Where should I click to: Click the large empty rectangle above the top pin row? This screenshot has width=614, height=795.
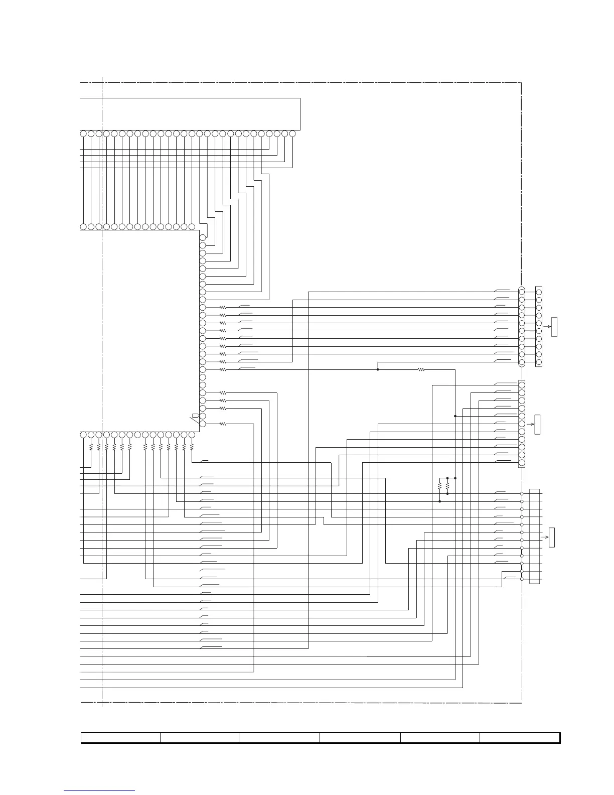click(x=191, y=114)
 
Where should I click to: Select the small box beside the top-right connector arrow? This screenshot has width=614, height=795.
click(x=554, y=327)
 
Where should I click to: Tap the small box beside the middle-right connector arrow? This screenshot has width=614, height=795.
click(x=538, y=425)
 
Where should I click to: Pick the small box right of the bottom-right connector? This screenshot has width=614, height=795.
click(x=552, y=538)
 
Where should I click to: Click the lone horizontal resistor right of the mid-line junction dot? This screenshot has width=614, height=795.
click(x=421, y=369)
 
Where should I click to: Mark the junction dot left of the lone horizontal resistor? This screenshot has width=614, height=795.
click(x=378, y=369)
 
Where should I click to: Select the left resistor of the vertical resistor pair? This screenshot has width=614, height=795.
click(x=439, y=486)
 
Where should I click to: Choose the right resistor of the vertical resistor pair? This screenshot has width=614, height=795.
click(x=447, y=486)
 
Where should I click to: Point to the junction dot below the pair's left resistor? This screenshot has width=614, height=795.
click(x=439, y=501)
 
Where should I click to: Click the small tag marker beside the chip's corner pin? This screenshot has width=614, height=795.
click(x=195, y=416)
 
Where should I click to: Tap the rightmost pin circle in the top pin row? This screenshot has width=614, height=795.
click(x=292, y=134)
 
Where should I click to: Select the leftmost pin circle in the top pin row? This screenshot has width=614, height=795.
click(x=83, y=134)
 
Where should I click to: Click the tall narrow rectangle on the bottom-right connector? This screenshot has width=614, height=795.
click(x=535, y=536)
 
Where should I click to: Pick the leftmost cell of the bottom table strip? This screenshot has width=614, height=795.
click(x=120, y=737)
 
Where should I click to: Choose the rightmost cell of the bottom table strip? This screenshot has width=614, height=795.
click(x=520, y=737)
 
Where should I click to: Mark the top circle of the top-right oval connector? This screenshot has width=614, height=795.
click(x=522, y=292)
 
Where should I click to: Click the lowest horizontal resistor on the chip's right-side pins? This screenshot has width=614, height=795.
click(x=223, y=424)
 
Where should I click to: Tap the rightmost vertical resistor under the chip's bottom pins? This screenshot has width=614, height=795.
click(x=192, y=446)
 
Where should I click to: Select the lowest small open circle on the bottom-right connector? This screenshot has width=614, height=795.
click(x=522, y=579)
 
